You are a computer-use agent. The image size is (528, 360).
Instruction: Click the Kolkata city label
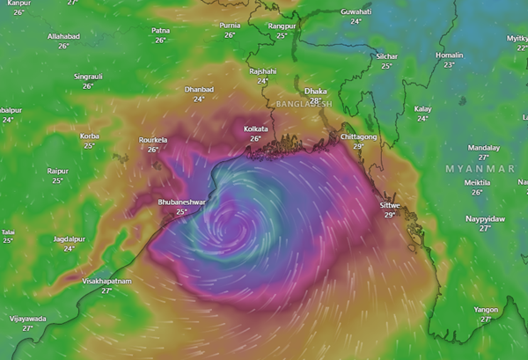click(255, 129)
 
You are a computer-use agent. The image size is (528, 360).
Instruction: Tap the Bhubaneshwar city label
click(181, 202)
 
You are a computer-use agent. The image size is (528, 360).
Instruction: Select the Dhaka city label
click(315, 91)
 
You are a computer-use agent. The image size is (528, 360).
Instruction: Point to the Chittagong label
click(359, 137)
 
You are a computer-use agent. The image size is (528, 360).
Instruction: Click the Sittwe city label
click(389, 205)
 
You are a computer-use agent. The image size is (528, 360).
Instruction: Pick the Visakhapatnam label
click(106, 281)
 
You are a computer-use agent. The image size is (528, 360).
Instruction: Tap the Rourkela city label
click(153, 140)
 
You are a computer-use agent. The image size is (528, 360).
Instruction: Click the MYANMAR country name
click(480, 167)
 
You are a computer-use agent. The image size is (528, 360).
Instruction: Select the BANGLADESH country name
click(304, 104)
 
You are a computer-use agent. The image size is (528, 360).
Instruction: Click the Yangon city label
click(486, 310)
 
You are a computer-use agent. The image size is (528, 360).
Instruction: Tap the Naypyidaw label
click(485, 217)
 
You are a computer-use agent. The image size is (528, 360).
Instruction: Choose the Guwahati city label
click(356, 11)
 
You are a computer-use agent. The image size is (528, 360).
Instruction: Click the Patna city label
click(160, 30)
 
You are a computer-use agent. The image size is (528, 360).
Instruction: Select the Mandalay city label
click(483, 147)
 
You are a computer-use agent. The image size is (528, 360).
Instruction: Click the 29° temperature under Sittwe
click(389, 215)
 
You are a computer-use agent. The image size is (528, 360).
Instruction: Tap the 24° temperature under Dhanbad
click(199, 99)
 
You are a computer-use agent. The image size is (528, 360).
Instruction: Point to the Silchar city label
click(385, 56)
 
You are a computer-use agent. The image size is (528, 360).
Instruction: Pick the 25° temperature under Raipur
click(58, 180)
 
